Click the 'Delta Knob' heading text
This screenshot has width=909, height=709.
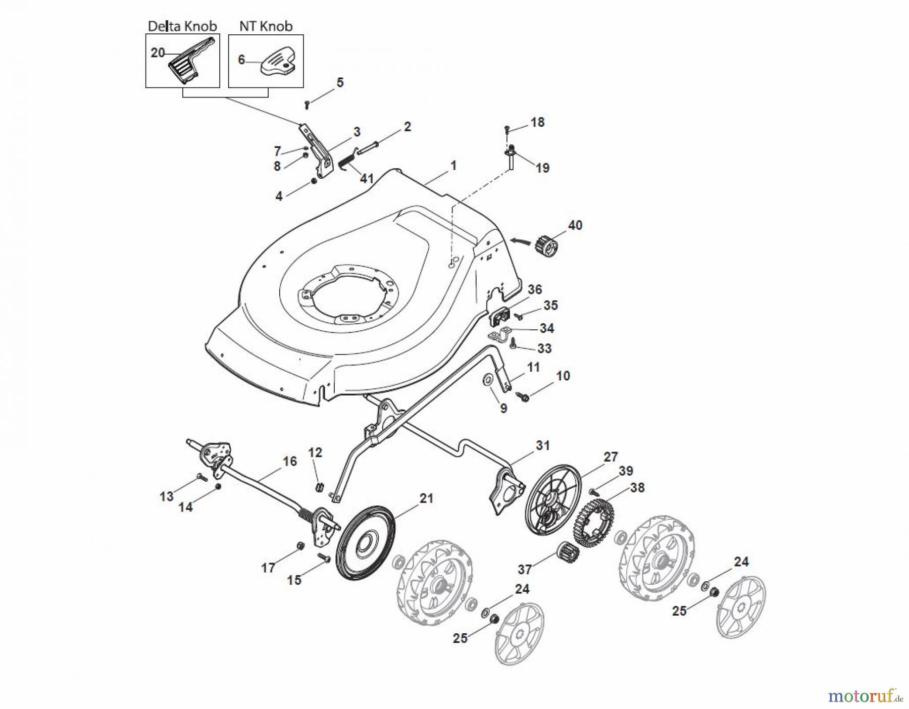point(182,26)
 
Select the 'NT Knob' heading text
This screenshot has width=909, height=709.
point(266,26)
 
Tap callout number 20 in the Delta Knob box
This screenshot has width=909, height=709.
point(158,53)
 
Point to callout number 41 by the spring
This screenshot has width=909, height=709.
point(366,178)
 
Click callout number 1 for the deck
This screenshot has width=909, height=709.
point(453,165)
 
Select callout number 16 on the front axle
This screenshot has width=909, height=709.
point(289,461)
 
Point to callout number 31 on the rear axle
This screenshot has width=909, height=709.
point(542,445)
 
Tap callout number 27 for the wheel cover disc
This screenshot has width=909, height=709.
point(611,457)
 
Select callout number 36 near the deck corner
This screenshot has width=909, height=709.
point(534,289)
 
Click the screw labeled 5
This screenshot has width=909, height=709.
point(307,105)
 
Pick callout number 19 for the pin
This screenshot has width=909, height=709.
point(542,167)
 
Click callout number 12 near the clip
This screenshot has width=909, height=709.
point(315,452)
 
